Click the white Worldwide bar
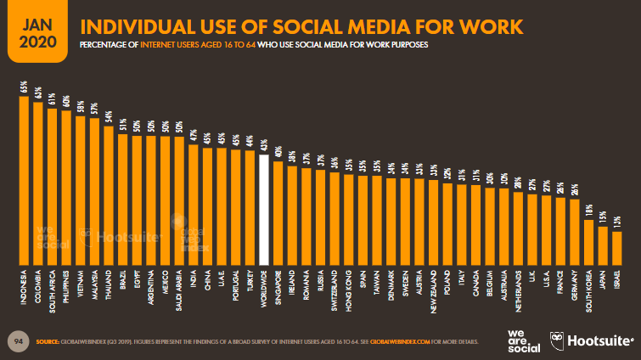[x=264, y=209]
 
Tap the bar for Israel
[x=617, y=247]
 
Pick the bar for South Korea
[x=588, y=241]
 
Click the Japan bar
[x=603, y=245]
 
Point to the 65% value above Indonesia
[x=24, y=88]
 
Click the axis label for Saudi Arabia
[x=179, y=288]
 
